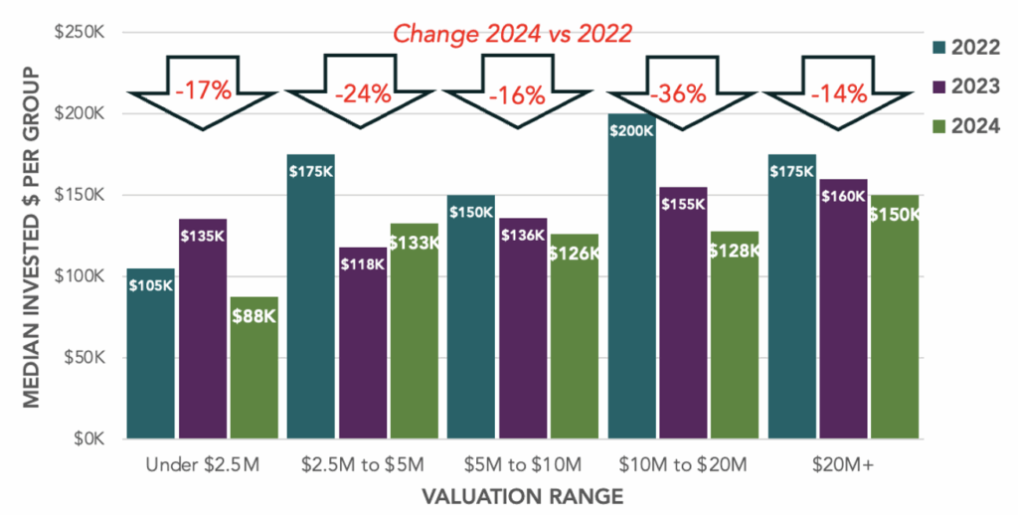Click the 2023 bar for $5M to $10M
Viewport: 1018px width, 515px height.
pos(523,328)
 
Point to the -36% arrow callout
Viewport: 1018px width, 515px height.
pos(678,95)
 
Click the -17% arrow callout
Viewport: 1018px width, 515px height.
pos(203,93)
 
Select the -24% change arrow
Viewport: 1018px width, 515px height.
pos(363,95)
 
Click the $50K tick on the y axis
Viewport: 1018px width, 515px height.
pos(87,358)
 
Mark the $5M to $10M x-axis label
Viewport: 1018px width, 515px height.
pos(522,463)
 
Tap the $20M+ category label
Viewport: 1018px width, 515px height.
pos(843,463)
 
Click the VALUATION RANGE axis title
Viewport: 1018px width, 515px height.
pos(523,495)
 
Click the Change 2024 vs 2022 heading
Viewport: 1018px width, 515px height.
pos(513,34)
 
